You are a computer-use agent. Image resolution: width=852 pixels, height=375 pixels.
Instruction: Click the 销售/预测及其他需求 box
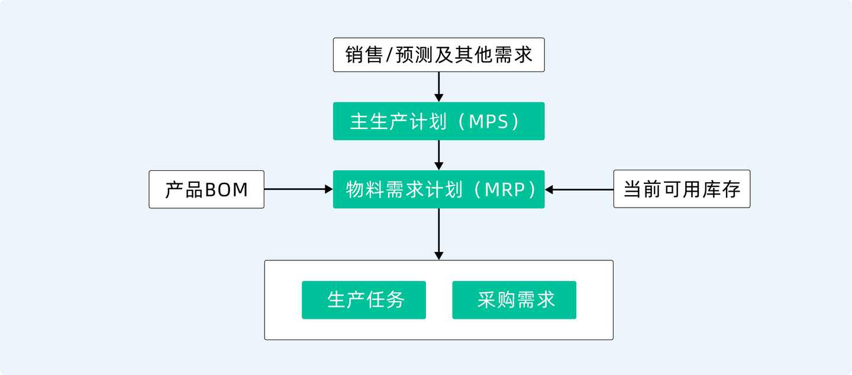tap(438, 55)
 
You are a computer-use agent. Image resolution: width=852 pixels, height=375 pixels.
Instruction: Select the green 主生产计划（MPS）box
tap(438, 121)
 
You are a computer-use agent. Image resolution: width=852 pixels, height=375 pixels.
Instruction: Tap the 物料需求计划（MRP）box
tap(438, 189)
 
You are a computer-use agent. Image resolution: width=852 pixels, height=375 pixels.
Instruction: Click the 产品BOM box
tap(206, 190)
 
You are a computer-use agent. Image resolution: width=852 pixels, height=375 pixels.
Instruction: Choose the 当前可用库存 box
tap(682, 190)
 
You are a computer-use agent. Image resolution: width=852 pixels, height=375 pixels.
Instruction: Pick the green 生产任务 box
tap(363, 300)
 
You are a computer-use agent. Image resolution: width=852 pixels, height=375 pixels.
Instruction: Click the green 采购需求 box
tap(514, 300)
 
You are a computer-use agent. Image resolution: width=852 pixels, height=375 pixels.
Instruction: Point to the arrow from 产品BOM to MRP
tap(298, 189)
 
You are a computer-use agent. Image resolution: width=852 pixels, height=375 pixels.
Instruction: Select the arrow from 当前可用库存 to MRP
tap(580, 189)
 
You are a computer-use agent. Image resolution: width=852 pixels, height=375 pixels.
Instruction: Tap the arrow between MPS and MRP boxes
tap(438, 155)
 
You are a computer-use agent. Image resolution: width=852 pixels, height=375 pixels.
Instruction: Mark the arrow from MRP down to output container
tap(438, 234)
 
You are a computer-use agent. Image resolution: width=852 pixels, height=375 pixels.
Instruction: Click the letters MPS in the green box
tap(488, 122)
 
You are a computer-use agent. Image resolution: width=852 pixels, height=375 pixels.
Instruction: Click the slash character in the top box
tap(388, 56)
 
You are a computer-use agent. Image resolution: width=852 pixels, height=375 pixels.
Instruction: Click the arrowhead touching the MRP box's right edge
tap(549, 189)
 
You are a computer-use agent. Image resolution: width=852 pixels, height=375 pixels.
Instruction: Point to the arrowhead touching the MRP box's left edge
tap(329, 189)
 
